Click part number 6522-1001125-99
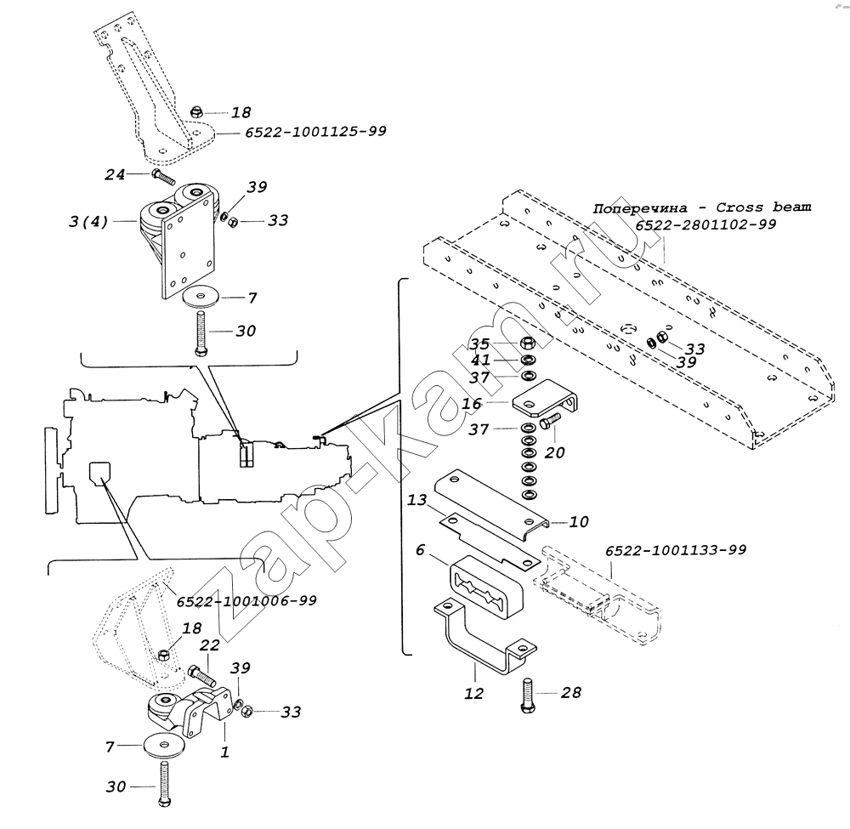[x=315, y=132]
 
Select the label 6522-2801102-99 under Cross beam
[x=705, y=224]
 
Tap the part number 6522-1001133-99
[x=676, y=550]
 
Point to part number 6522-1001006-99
[x=246, y=601]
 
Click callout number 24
[x=115, y=174]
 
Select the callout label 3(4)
[x=88, y=221]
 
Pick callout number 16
[x=472, y=403]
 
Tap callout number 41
[x=480, y=360]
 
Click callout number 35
[x=479, y=344]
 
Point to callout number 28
[x=571, y=692]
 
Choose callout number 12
[x=473, y=693]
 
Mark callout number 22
[x=209, y=644]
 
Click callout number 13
[x=416, y=499]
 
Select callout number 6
[x=420, y=550]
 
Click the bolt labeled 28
[x=529, y=695]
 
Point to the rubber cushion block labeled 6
[x=484, y=586]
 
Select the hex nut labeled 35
[x=529, y=344]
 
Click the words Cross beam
[x=763, y=207]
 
